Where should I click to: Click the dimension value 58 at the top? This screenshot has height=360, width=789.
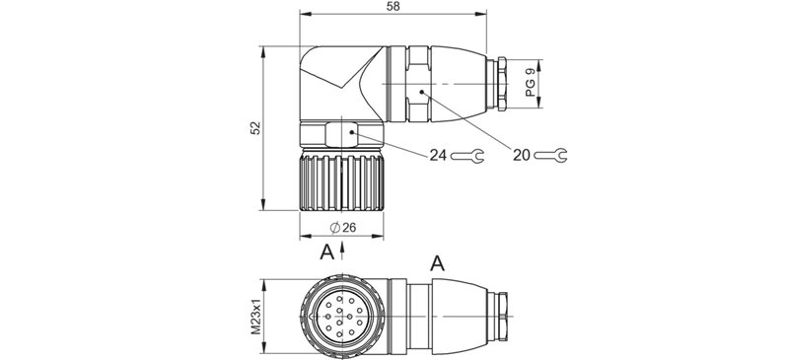point(394,7)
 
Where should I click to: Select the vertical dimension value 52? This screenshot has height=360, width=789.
point(254,128)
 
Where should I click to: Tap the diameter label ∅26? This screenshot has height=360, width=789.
point(341,228)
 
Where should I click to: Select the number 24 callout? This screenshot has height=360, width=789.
point(439,155)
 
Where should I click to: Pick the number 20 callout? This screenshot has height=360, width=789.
point(522,154)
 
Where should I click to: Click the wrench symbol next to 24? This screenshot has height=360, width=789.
point(467,155)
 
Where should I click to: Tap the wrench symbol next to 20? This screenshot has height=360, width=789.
point(551,154)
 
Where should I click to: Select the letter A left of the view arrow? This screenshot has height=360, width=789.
point(326,252)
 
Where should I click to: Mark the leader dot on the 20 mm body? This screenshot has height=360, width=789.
point(421,91)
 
